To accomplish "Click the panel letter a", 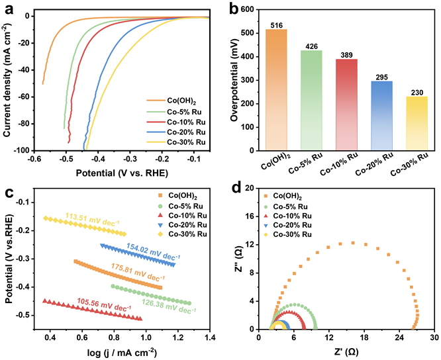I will pos(9,9).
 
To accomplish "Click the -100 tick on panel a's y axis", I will pos(25,151).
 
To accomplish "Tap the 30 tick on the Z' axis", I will pos(434,337).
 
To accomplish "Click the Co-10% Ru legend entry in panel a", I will pos(178,122).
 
